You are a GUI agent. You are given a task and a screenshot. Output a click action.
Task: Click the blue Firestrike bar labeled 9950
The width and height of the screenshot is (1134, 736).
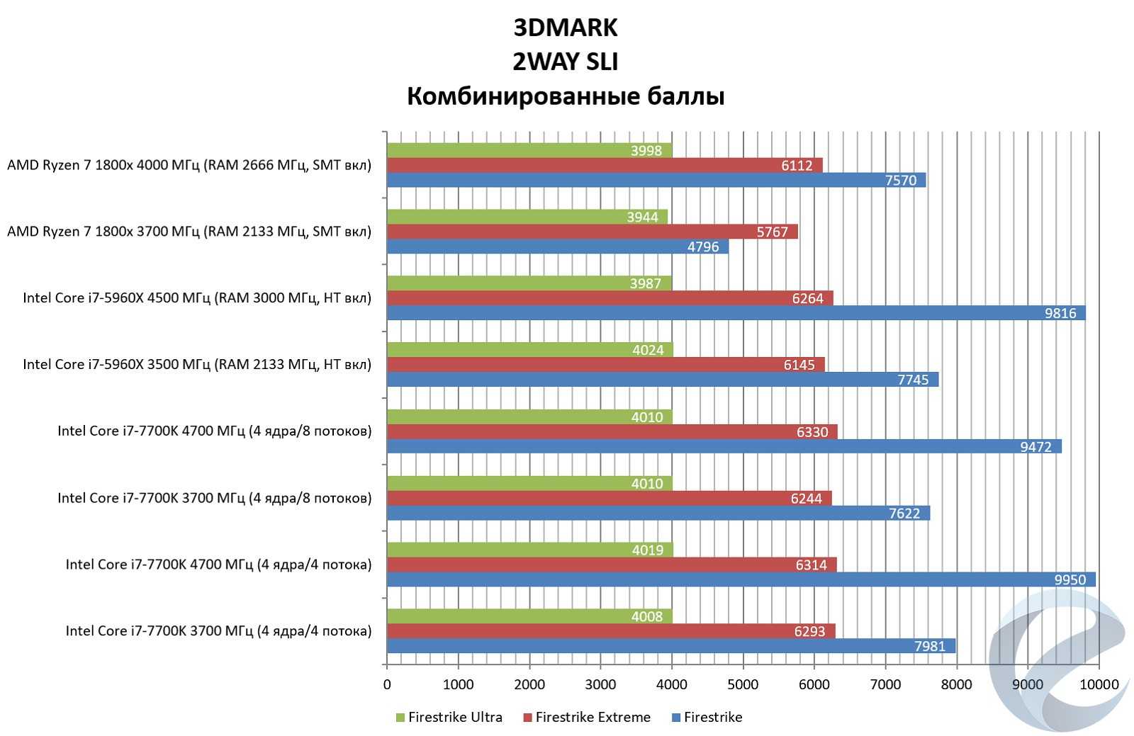point(741,579)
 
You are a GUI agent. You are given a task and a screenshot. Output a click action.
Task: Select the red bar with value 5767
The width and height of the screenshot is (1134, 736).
point(592,232)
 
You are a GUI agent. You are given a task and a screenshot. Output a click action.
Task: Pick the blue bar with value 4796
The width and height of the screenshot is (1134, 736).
point(557,247)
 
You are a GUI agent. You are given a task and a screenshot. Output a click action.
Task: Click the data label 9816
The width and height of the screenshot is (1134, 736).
point(1060,313)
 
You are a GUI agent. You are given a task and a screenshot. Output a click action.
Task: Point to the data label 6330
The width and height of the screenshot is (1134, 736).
point(812,432)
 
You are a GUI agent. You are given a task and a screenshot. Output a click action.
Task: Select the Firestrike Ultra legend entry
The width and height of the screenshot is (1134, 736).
point(454,717)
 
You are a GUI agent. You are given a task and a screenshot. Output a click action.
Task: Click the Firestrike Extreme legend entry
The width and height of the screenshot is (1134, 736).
point(593,717)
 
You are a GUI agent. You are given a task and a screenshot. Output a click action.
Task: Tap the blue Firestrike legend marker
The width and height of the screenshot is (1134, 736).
point(676,718)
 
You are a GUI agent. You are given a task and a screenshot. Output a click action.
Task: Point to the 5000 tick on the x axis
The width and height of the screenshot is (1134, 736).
point(743,684)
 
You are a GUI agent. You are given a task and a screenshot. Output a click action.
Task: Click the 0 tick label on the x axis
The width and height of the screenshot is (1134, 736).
point(387,684)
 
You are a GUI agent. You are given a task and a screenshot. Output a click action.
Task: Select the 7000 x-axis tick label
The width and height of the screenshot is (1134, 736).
point(885,684)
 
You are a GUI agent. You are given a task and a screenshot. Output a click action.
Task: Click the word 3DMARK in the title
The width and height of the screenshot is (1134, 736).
point(566,28)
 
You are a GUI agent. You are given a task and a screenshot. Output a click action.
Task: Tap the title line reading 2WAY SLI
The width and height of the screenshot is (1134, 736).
point(566,62)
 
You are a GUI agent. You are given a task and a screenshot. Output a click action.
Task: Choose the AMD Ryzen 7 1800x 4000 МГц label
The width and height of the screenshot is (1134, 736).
point(189,165)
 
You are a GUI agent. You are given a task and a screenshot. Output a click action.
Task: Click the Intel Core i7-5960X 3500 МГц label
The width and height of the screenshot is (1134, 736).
point(197,364)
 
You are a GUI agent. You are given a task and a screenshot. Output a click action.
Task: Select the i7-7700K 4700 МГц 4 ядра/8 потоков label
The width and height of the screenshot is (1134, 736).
point(215,431)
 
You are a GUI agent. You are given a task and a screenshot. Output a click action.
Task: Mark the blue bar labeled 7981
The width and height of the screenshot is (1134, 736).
point(670,646)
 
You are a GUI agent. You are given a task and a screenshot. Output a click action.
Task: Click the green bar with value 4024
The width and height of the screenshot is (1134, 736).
point(529,349)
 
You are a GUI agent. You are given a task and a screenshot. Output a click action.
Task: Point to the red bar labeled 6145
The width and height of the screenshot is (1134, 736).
point(605,364)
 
